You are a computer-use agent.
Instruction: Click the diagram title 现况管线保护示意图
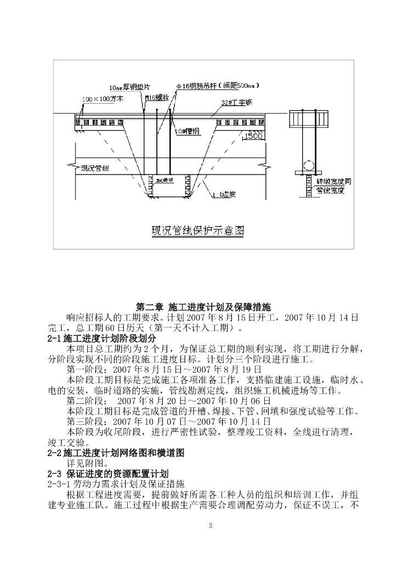(197, 231)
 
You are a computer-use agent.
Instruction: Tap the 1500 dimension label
(253, 136)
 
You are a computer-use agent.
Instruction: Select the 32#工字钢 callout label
(236, 103)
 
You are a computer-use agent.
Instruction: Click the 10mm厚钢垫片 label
(130, 87)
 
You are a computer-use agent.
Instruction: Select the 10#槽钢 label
(186, 132)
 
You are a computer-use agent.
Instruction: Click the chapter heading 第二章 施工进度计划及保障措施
(203, 307)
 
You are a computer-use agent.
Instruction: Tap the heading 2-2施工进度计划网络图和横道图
(116, 453)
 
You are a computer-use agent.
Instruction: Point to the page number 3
(211, 526)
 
